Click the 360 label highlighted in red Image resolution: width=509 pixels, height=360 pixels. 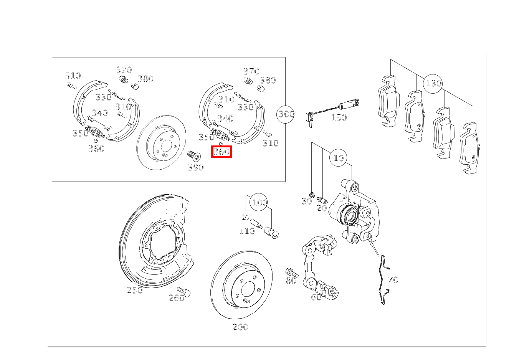pyautogui.click(x=221, y=152)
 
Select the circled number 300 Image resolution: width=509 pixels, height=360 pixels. pyautogui.click(x=286, y=114)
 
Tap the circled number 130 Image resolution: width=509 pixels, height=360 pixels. pyautogui.click(x=433, y=84)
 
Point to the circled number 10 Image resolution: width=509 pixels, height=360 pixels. pyautogui.click(x=338, y=158)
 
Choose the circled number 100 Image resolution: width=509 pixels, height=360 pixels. pyautogui.click(x=259, y=202)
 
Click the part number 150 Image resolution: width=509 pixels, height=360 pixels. pyautogui.click(x=339, y=118)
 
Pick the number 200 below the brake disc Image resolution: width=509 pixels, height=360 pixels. pyautogui.click(x=240, y=327)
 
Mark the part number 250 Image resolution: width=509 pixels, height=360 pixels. pyautogui.click(x=135, y=290)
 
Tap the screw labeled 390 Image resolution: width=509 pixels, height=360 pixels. pyautogui.click(x=194, y=155)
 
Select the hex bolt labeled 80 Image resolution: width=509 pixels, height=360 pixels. pyautogui.click(x=292, y=272)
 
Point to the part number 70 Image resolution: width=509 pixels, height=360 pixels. pyautogui.click(x=393, y=280)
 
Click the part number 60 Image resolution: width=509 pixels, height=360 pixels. pyautogui.click(x=316, y=297)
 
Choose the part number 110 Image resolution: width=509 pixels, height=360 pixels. pyautogui.click(x=247, y=231)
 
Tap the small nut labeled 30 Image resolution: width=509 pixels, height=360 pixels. pyautogui.click(x=312, y=195)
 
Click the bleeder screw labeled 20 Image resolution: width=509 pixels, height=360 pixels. pyautogui.click(x=322, y=200)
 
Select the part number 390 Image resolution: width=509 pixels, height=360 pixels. pyautogui.click(x=196, y=168)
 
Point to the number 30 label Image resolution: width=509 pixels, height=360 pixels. pyautogui.click(x=307, y=201)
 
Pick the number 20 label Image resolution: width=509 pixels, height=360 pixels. pyautogui.click(x=322, y=208)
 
